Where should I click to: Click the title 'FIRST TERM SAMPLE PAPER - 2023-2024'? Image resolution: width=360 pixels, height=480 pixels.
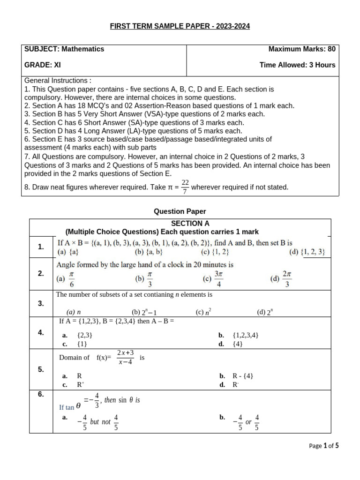point(180,26)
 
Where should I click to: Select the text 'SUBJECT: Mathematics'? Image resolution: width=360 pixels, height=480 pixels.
point(64,49)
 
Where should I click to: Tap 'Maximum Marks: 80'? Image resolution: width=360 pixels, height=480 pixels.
point(301,49)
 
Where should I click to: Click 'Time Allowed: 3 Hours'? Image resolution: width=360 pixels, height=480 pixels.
point(297,65)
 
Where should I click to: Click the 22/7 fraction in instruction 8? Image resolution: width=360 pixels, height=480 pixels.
point(185,187)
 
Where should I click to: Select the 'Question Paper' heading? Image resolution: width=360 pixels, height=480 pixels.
point(180,211)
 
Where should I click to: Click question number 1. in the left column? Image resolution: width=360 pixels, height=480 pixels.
point(41,247)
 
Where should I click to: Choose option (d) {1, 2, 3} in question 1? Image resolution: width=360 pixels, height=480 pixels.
point(307,252)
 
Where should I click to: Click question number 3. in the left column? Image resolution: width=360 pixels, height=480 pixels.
point(41,303)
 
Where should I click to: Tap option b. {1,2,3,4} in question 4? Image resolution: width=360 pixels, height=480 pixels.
point(239,335)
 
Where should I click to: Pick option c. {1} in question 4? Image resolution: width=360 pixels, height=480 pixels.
point(75,344)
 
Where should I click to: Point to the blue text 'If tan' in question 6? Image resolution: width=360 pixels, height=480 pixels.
point(67,407)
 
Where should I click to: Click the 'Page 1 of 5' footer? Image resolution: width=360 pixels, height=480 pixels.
point(324,446)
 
